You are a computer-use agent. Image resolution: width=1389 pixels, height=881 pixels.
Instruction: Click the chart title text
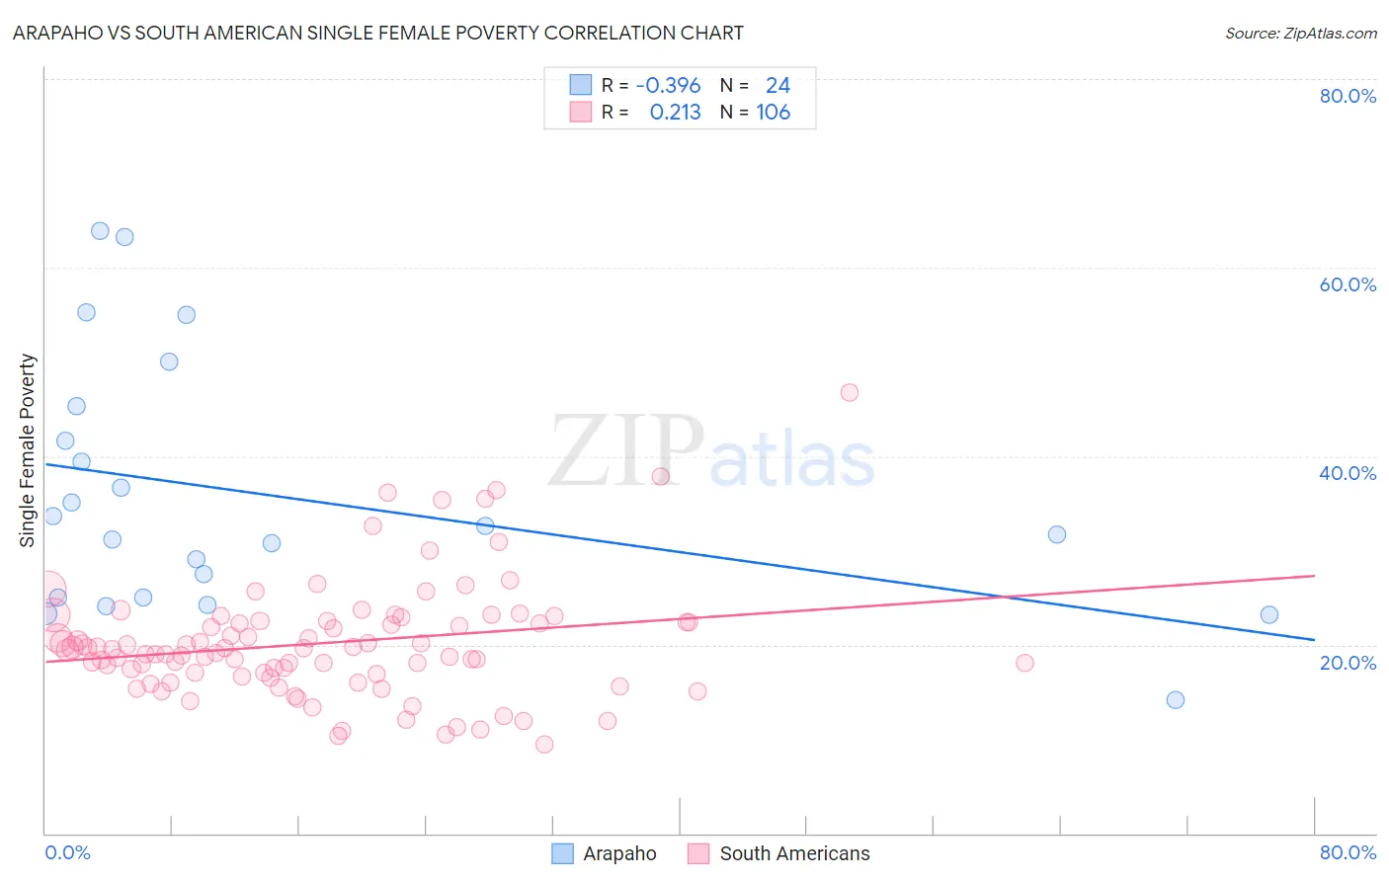(x=378, y=33)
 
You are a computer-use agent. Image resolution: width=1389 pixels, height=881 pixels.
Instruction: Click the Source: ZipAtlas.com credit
(x=1300, y=34)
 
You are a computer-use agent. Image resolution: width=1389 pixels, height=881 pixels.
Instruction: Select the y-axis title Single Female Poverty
(x=28, y=450)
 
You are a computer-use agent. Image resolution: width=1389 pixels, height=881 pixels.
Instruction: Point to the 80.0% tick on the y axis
(x=1348, y=96)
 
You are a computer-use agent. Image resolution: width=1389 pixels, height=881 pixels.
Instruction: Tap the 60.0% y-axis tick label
(x=1348, y=284)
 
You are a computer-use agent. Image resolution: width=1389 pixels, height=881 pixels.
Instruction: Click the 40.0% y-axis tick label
(x=1348, y=473)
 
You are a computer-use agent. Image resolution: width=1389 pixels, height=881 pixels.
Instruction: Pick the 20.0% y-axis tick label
(x=1348, y=663)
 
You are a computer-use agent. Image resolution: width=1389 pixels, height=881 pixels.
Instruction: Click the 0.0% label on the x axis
(x=67, y=852)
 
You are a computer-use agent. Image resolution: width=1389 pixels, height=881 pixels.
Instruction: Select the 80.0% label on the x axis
(x=1348, y=852)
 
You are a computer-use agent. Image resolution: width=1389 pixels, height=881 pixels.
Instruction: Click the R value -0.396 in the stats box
(x=668, y=85)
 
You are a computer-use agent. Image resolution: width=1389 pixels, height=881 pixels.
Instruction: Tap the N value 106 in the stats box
(x=774, y=113)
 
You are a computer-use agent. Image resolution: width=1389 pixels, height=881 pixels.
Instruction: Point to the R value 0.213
(x=675, y=113)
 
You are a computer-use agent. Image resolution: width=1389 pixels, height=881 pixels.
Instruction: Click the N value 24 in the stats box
(x=777, y=85)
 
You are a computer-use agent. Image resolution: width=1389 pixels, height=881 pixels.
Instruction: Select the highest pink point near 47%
(x=850, y=392)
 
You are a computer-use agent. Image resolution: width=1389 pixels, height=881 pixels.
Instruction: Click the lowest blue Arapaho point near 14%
(x=1176, y=700)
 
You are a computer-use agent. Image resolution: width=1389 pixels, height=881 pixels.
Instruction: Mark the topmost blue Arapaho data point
(x=100, y=231)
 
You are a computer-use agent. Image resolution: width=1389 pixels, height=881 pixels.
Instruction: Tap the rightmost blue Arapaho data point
(x=1269, y=615)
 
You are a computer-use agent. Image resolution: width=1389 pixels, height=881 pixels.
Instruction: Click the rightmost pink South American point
(x=1024, y=663)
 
